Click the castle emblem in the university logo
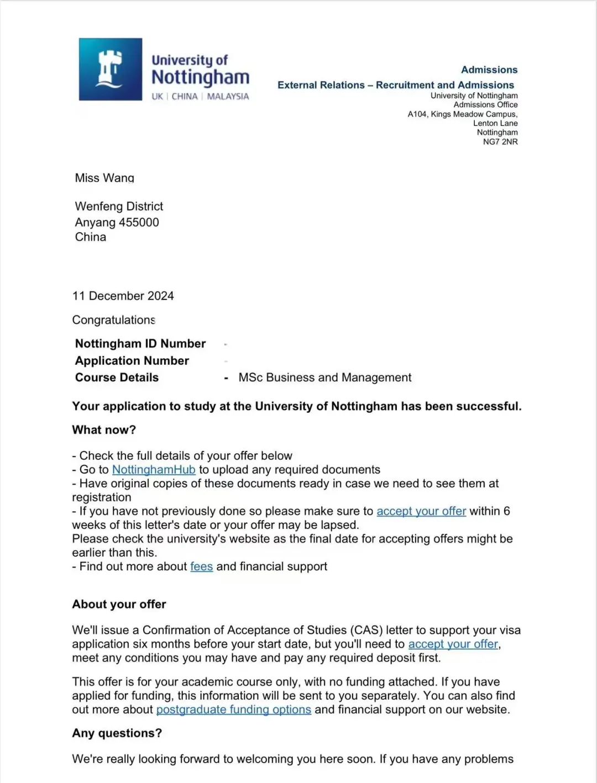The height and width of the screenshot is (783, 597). pyautogui.click(x=110, y=69)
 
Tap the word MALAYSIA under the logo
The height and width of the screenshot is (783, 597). pyautogui.click(x=228, y=96)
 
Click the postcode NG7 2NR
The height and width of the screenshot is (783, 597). pyautogui.click(x=500, y=142)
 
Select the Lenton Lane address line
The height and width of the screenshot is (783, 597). pyautogui.click(x=495, y=123)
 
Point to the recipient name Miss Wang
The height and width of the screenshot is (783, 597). pyautogui.click(x=104, y=178)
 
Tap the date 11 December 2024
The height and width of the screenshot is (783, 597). pyautogui.click(x=123, y=296)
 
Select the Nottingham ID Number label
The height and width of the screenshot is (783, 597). pyautogui.click(x=140, y=344)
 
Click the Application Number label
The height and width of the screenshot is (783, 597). pyautogui.click(x=132, y=361)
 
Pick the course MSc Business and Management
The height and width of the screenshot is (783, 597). pyautogui.click(x=324, y=377)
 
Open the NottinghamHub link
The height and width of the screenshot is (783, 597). pyautogui.click(x=154, y=470)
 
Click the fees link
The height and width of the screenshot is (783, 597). pyautogui.click(x=201, y=566)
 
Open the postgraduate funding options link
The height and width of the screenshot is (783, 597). pyautogui.click(x=233, y=710)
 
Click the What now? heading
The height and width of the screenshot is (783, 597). pyautogui.click(x=104, y=430)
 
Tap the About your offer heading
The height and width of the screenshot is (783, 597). pyautogui.click(x=119, y=604)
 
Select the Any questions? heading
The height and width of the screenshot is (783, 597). pyautogui.click(x=117, y=733)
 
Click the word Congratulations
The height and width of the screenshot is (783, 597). pyautogui.click(x=113, y=320)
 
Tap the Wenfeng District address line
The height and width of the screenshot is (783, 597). pyautogui.click(x=119, y=206)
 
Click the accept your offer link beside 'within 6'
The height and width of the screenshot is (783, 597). pyautogui.click(x=421, y=511)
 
